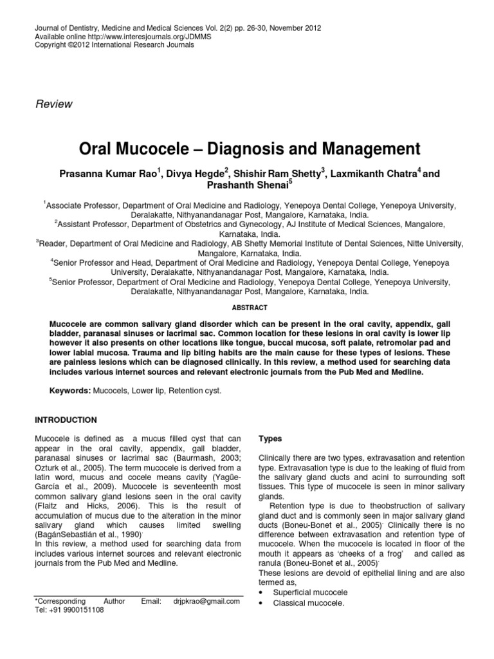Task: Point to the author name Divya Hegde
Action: click(193, 176)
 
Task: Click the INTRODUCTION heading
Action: click(65, 420)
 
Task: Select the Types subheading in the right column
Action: click(270, 438)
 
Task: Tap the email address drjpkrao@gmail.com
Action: click(206, 601)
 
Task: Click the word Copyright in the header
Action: click(48, 45)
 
